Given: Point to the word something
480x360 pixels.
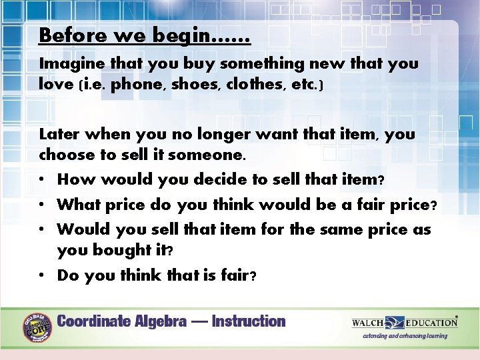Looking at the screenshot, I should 261,64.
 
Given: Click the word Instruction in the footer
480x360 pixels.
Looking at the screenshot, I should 249,321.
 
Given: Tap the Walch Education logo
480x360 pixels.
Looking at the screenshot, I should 405,323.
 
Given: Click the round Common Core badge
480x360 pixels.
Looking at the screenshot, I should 38,326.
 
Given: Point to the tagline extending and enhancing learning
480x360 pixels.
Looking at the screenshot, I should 405,336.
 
